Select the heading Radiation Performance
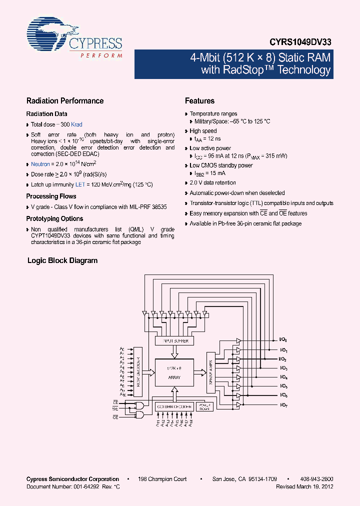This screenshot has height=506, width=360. pos(64,101)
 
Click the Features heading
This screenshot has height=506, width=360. pos(199,101)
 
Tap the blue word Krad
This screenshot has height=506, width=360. pos(76,124)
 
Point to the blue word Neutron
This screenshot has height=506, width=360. pos(40,164)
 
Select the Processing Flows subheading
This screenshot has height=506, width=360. pos(51,196)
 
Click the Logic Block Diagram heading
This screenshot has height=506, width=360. pos(62,260)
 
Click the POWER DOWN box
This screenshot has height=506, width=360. pos(202,406)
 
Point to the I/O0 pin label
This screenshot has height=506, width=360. pos(283,340)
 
